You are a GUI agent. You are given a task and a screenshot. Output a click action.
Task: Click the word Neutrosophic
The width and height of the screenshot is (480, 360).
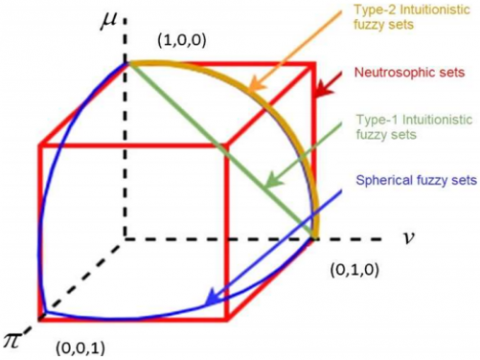[386, 73]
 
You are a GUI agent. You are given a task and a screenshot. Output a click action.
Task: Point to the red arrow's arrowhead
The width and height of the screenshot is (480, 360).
[316, 98]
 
